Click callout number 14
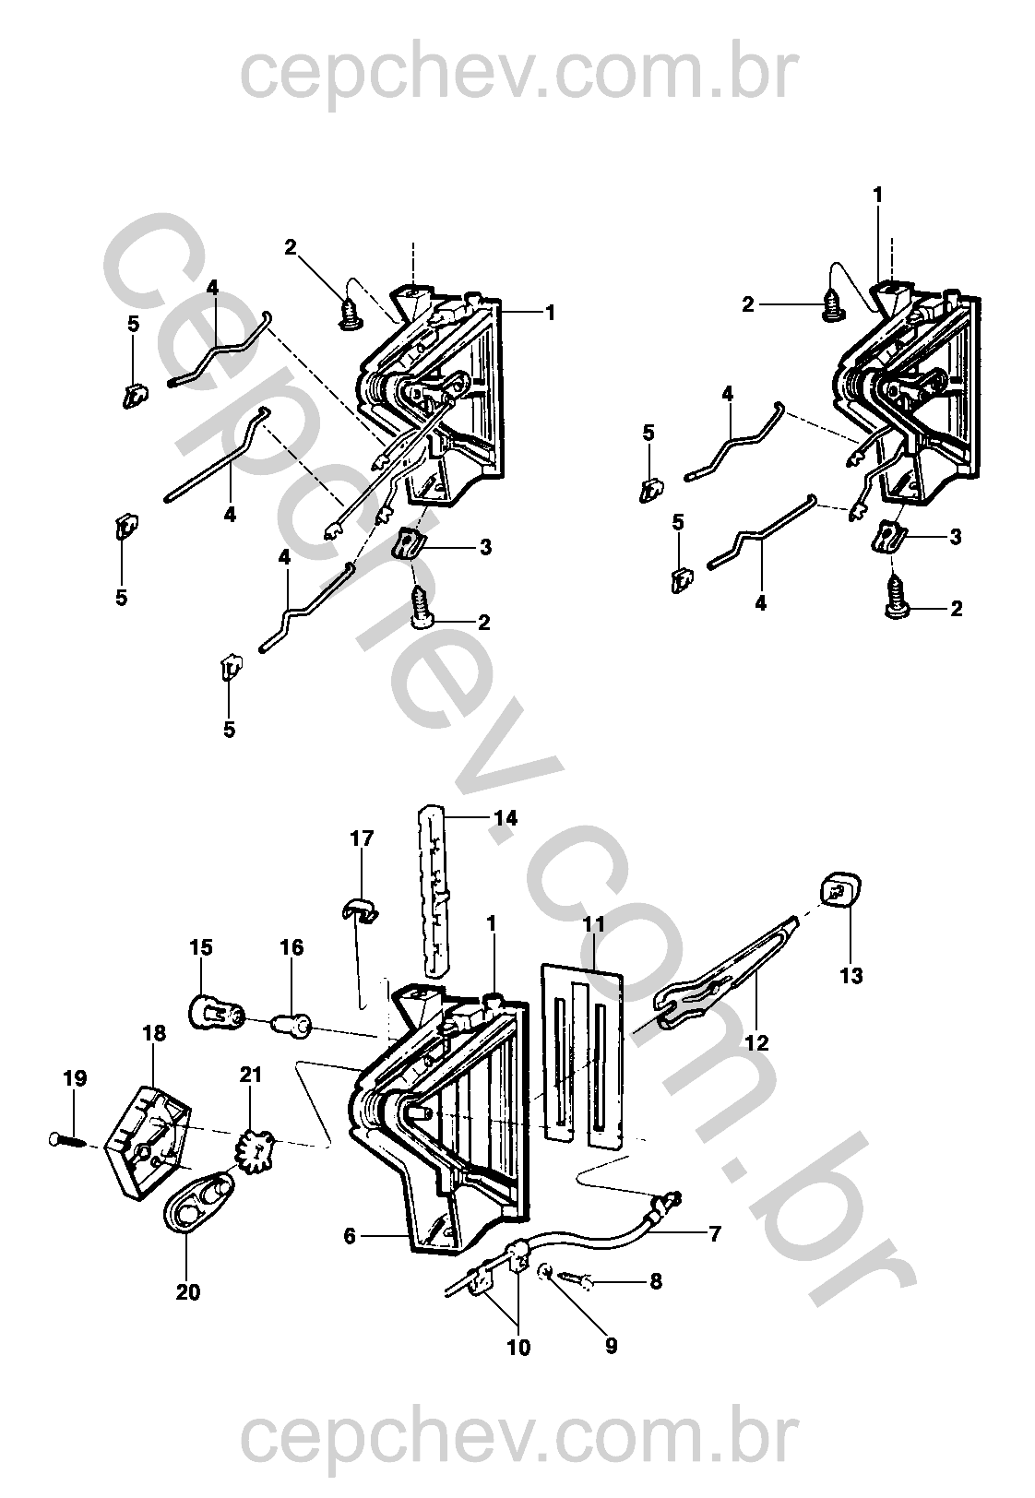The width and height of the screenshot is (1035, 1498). point(506,818)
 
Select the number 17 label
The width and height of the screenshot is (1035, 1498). point(362,838)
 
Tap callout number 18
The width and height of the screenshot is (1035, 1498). point(154,1033)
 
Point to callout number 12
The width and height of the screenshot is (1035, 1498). point(756,1042)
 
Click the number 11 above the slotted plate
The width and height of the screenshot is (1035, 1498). point(594,925)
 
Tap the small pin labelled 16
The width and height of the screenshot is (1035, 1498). point(291,1025)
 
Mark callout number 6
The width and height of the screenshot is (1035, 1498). point(350,1237)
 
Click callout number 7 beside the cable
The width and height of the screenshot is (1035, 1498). point(715,1233)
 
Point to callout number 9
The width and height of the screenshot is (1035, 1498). point(611,1346)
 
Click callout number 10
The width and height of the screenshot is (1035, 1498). point(518,1347)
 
